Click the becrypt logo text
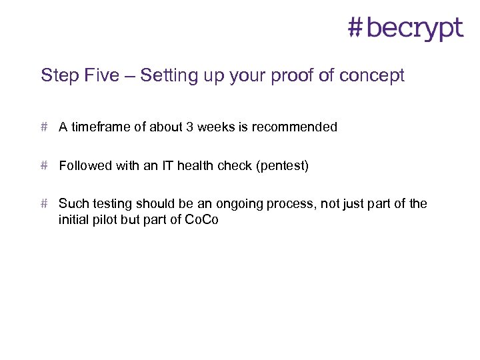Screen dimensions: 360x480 point(414,28)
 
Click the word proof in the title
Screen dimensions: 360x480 point(291,75)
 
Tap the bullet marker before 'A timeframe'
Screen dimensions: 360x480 point(45,127)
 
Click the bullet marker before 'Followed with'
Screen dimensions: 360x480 point(45,165)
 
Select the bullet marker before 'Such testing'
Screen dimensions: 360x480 point(45,203)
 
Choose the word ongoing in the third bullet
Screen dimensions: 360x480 point(241,203)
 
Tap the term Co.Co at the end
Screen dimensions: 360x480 point(201,219)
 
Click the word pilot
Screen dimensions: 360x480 point(103,219)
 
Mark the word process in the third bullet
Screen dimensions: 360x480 point(291,203)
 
